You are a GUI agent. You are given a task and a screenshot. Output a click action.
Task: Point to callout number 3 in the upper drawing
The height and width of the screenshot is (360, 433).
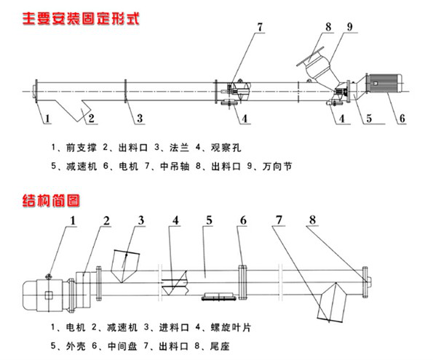140,117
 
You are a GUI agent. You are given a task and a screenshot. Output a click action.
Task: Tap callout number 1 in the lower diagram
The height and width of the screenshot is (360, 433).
72,219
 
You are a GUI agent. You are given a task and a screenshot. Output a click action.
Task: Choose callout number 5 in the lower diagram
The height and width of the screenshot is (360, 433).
208,219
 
